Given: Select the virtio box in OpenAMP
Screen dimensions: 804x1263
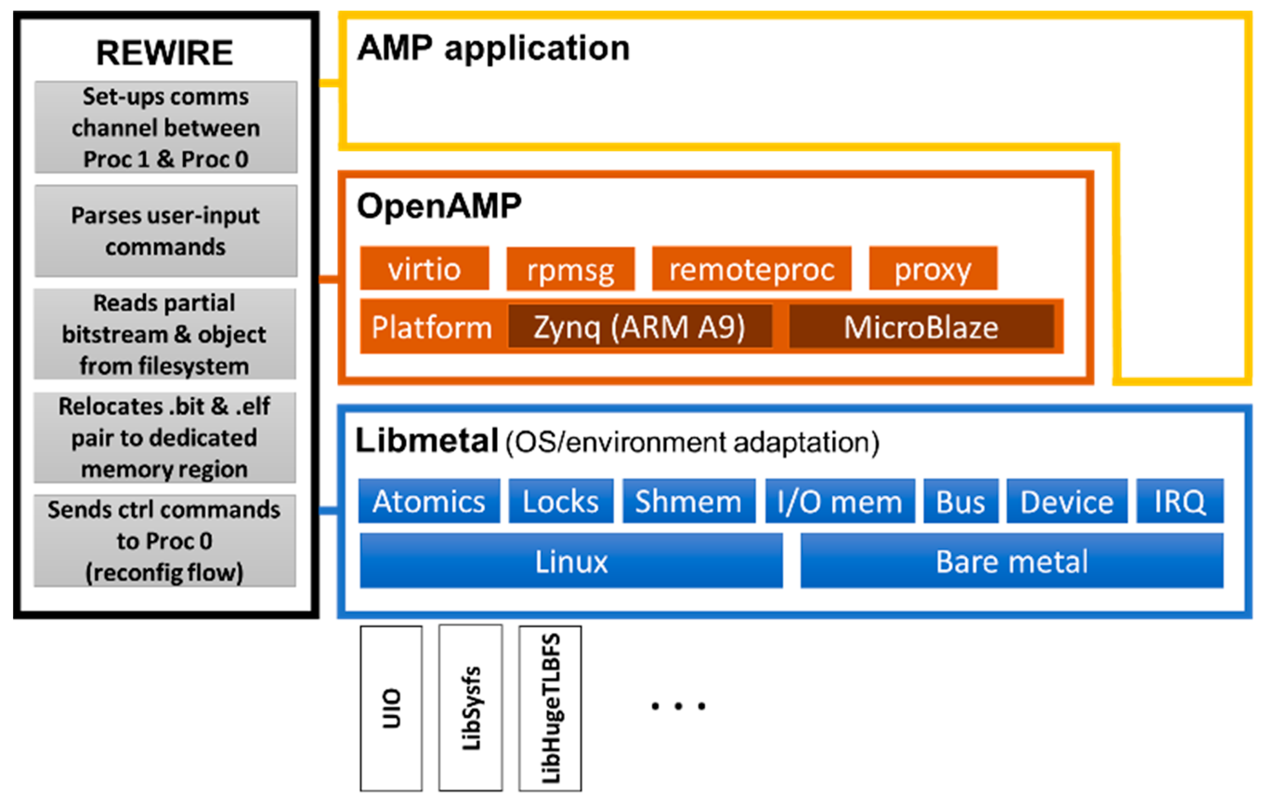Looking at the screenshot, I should pos(424,269).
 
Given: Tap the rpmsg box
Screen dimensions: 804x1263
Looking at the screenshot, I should pos(570,269).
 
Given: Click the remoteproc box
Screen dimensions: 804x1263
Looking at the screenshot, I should pos(751,269).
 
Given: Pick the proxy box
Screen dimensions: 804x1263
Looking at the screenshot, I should pos(933,269).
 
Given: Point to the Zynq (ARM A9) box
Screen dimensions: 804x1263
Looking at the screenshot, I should pos(639,326).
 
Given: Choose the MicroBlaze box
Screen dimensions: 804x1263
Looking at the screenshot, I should pos(921,326).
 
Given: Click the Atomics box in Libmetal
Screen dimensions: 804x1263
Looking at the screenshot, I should pos(429,501).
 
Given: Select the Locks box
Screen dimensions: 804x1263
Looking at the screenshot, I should pos(561,501).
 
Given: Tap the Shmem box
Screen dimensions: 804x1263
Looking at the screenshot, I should pos(689,501).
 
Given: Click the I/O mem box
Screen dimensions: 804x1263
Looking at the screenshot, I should pos(840,501).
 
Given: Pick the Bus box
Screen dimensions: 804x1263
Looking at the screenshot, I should pos(960,501).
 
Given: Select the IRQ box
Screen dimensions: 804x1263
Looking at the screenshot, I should pos(1180,501).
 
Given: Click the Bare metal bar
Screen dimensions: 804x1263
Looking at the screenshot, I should pos(1011,561).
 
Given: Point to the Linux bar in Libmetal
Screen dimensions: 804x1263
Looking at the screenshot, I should pos(571,561).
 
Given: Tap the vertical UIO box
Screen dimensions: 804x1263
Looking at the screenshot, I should pos(391,708).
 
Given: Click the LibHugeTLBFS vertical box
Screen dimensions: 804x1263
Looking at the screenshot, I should pos(550,708).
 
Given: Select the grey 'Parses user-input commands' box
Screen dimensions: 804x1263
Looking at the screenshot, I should pos(166,231).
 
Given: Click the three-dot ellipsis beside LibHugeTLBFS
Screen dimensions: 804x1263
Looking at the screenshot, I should pos(678,706).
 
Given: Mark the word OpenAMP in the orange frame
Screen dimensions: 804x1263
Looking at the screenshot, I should pos(439,206).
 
